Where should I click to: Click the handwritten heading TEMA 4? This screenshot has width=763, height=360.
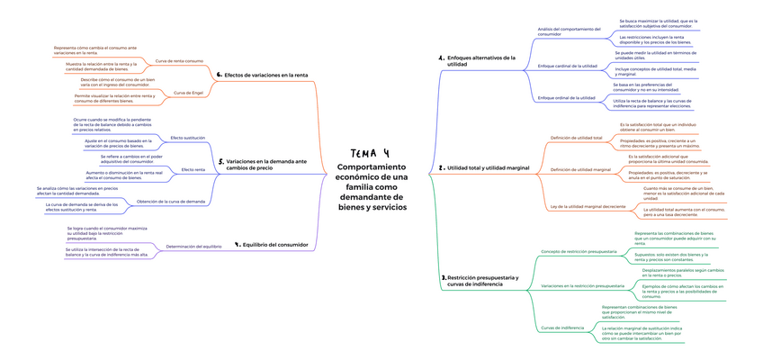point(370,153)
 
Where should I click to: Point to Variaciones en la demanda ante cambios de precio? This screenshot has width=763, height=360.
point(265,165)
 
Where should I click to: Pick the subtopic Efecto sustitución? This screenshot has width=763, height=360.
point(187,138)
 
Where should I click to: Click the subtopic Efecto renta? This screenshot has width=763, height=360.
point(193,169)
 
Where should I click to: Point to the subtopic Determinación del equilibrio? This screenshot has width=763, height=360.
point(193,246)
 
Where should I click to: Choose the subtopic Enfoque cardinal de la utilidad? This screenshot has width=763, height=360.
point(567,66)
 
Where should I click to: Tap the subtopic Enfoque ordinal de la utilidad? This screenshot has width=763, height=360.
point(566,97)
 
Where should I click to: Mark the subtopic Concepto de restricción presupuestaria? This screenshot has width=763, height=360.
point(579,251)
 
